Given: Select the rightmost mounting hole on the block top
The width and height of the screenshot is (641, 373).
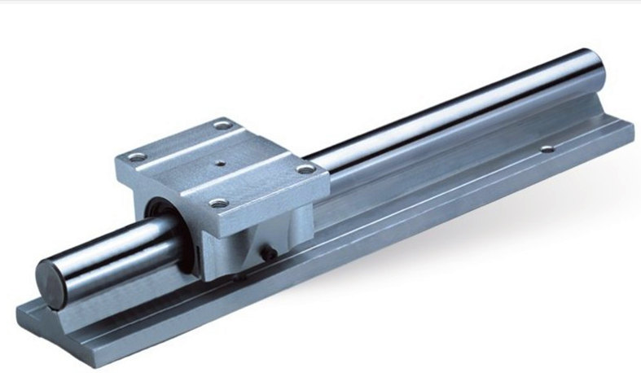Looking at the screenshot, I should [305, 169].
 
